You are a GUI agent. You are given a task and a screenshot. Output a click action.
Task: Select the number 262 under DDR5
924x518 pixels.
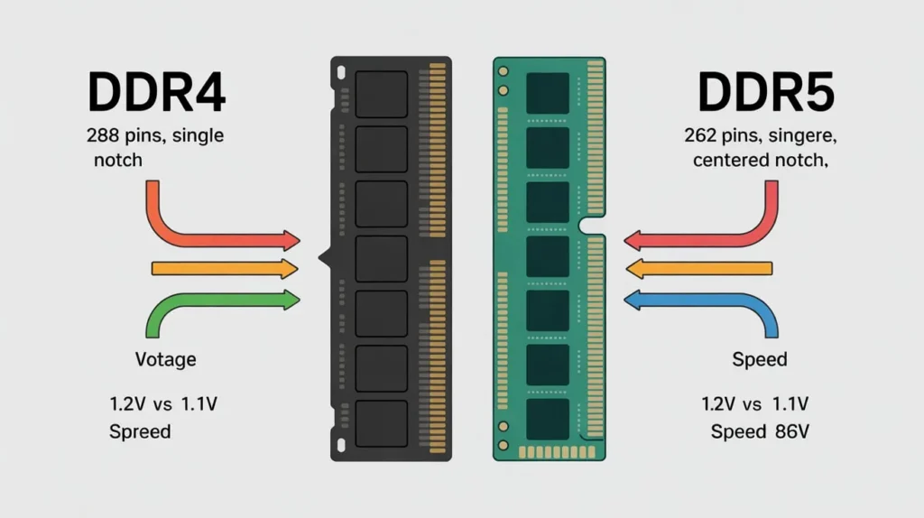click(704, 137)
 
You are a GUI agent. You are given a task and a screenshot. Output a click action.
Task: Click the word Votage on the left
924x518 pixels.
click(165, 359)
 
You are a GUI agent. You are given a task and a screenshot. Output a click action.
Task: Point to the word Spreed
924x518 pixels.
click(140, 431)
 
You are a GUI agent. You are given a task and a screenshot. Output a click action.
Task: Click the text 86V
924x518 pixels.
click(790, 431)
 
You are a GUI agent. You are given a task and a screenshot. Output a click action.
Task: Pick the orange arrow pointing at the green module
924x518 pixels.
click(699, 268)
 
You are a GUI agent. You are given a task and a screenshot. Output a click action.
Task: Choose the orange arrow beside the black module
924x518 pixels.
click(226, 268)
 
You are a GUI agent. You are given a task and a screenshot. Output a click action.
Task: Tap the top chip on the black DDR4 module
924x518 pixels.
click(381, 94)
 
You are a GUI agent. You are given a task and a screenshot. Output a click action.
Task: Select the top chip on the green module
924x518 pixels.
click(548, 93)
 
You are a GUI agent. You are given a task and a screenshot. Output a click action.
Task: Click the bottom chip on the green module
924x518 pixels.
click(548, 420)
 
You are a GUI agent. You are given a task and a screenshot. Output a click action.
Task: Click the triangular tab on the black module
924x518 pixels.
click(324, 259)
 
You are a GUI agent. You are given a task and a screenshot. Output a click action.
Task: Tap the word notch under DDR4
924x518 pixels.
click(117, 161)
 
